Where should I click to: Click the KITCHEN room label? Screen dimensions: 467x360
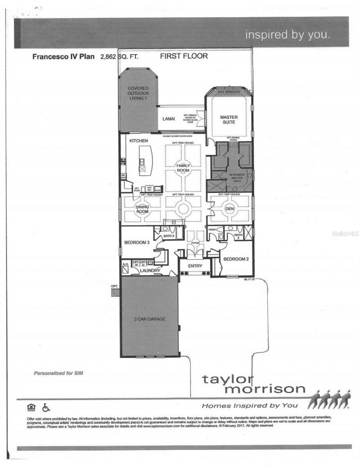click(x=139, y=141)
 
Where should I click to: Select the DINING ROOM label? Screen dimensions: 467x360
click(x=142, y=208)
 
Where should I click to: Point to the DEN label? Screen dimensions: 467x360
click(x=229, y=208)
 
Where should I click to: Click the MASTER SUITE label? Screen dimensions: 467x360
click(x=229, y=120)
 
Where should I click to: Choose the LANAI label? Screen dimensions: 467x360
click(x=168, y=119)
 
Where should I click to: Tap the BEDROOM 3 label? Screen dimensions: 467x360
click(x=137, y=242)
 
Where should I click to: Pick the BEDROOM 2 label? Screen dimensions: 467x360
click(x=236, y=259)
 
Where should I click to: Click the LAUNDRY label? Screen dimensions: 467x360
click(x=150, y=270)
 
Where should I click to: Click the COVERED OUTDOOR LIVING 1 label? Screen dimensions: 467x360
click(x=138, y=93)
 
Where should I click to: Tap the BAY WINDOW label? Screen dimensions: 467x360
click(x=228, y=92)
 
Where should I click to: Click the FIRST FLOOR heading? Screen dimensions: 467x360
click(x=184, y=57)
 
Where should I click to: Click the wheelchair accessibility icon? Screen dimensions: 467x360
click(x=45, y=408)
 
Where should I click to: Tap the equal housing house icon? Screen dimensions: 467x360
click(x=31, y=408)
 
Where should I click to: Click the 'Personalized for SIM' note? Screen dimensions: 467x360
click(x=58, y=373)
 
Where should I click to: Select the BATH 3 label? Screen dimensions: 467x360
click(x=169, y=236)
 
